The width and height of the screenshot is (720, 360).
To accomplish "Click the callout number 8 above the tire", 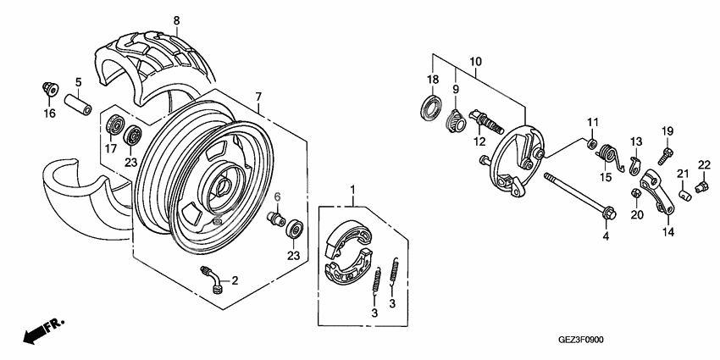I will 176,20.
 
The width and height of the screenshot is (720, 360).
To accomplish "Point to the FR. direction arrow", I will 42,331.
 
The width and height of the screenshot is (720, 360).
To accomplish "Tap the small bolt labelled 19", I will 664,156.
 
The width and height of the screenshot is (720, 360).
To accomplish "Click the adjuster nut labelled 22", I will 700,186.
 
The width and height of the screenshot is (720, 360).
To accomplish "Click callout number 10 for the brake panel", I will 474,62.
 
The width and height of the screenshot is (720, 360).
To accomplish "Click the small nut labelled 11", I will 592,141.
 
